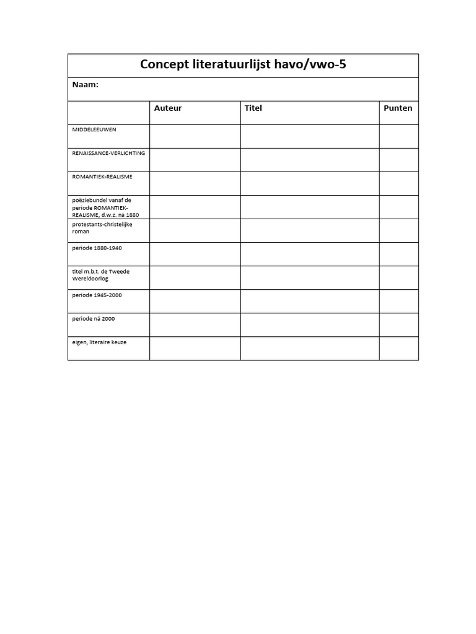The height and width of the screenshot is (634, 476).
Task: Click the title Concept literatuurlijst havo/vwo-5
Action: [243, 64]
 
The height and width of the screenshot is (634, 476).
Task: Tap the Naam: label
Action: [86, 85]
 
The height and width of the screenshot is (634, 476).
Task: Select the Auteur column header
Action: [168, 108]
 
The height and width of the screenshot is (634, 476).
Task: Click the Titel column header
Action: [253, 108]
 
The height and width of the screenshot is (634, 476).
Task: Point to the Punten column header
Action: [398, 108]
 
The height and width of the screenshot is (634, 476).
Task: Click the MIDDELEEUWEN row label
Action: [94, 129]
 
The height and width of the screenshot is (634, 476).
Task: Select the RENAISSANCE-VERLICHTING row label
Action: [108, 153]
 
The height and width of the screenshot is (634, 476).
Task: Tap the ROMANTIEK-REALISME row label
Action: [102, 176]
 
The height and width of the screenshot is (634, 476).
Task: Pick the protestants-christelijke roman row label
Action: [102, 227]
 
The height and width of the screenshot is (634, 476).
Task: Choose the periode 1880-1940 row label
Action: [97, 248]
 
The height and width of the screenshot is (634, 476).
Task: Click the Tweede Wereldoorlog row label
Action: [101, 275]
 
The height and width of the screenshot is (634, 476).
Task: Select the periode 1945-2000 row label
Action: [97, 295]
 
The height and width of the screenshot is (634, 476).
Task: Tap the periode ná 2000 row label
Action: [94, 319]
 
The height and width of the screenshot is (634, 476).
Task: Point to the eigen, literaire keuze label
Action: [99, 342]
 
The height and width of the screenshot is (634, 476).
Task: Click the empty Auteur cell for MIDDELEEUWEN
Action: [195, 136]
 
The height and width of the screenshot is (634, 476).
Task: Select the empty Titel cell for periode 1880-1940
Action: [310, 254]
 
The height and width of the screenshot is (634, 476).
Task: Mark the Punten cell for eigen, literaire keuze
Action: [399, 348]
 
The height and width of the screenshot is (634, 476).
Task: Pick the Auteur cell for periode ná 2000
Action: [195, 324]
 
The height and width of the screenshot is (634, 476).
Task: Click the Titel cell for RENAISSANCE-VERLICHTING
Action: [310, 160]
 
